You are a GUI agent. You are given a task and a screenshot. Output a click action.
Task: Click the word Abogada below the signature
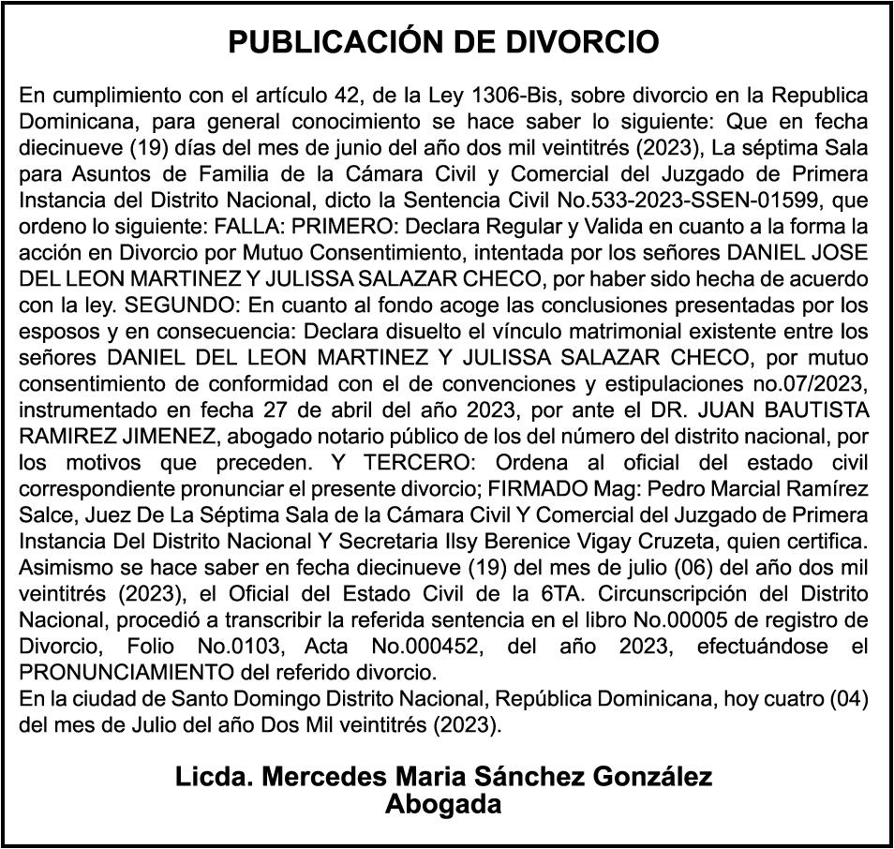point(443,803)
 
